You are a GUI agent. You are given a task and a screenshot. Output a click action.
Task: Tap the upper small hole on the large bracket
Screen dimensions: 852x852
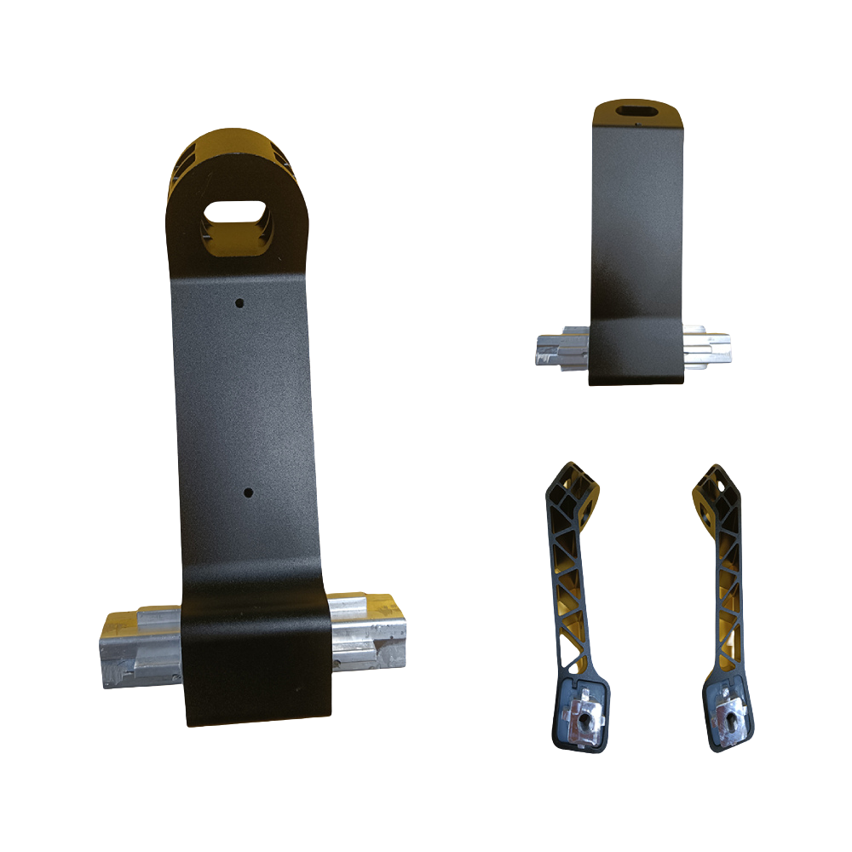click(240, 302)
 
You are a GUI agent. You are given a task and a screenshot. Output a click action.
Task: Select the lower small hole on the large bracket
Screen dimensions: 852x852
click(247, 492)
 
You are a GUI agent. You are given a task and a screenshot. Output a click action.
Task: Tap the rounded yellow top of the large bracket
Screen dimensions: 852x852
click(235, 153)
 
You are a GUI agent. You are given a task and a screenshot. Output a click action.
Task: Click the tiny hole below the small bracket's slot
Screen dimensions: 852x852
click(637, 127)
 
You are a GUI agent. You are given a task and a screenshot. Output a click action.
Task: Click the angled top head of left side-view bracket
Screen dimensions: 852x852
click(570, 490)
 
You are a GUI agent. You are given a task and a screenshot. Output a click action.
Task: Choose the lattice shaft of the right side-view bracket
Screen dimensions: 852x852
click(724, 596)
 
